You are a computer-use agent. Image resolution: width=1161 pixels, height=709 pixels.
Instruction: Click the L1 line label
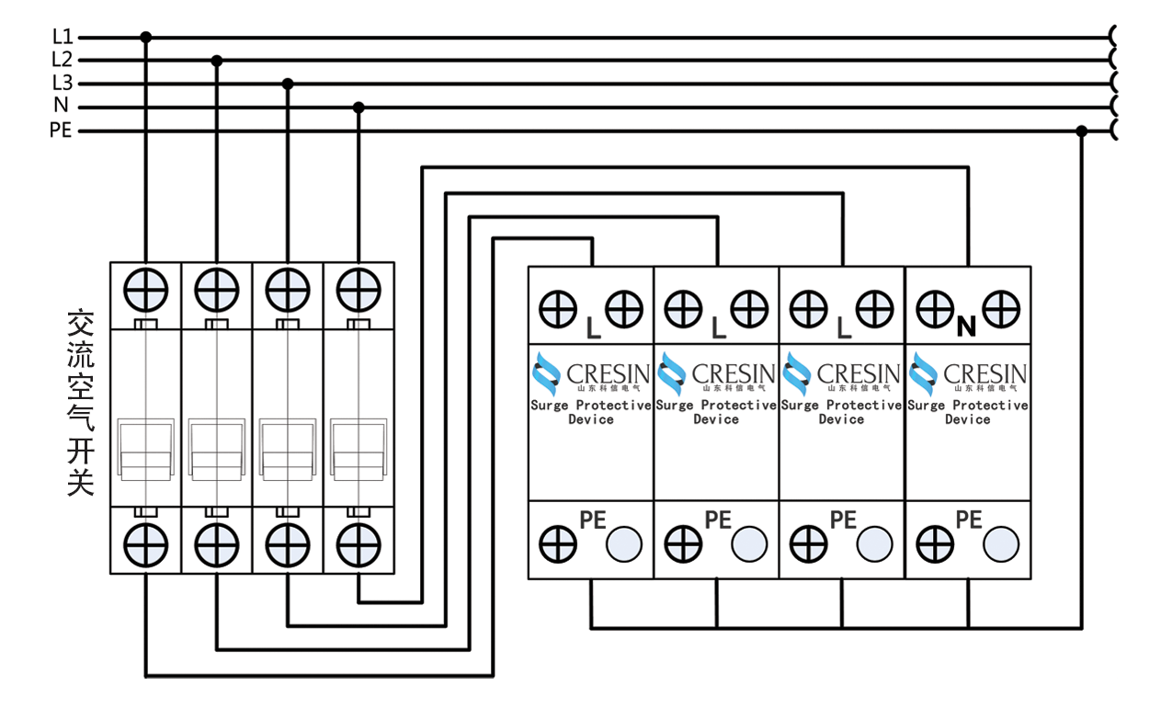click(62, 37)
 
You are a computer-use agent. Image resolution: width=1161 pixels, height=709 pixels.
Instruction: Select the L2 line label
click(62, 60)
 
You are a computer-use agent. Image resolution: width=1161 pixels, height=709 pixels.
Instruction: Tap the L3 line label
click(62, 84)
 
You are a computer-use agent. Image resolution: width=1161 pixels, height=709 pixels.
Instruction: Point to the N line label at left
click(62, 107)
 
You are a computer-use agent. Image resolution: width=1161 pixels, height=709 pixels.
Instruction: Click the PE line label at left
click(61, 131)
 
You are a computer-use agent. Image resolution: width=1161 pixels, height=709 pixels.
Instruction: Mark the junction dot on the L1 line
click(145, 37)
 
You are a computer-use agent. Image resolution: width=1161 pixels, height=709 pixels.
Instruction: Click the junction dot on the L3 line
click(288, 84)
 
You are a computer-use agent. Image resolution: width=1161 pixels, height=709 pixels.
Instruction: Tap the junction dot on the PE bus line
click(1081, 131)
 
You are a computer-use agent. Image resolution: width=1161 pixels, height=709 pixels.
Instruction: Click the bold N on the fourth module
click(965, 326)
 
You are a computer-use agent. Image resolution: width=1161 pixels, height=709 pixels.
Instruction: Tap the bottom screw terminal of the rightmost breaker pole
click(359, 544)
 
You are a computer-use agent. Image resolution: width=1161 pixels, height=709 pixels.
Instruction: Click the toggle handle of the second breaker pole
click(217, 450)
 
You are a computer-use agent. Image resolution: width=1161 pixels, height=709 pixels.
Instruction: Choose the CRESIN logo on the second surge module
click(716, 375)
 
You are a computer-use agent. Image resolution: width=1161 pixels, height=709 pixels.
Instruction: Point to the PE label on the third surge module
click(843, 520)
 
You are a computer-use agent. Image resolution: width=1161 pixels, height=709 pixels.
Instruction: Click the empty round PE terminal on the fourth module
click(1000, 544)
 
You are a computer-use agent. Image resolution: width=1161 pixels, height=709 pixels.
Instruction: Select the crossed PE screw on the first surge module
click(557, 544)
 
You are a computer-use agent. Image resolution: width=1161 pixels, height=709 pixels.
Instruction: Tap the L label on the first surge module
click(593, 326)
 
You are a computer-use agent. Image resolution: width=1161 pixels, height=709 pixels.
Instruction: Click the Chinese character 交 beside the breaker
click(81, 324)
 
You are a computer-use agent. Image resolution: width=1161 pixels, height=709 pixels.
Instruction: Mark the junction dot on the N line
click(359, 108)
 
